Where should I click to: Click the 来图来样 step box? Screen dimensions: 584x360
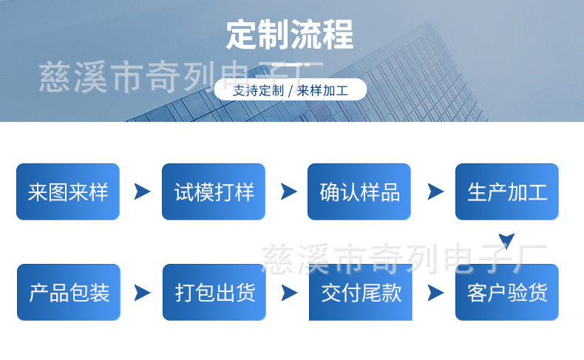pos(68,191)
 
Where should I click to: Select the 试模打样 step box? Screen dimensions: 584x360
pos(214,191)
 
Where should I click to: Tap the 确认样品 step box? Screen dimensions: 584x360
pos(359,191)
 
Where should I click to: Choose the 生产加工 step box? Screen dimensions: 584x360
pos(507,191)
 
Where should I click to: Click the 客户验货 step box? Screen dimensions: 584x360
pos(507,292)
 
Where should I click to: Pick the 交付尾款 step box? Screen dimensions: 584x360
pos(361,292)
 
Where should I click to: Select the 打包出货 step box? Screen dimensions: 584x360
pos(214,292)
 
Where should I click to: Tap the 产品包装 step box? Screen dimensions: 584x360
pos(69,292)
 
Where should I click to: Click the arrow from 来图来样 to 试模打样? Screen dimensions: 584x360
pos(142,191)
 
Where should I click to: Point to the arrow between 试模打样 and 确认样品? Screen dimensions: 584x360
pos(288,191)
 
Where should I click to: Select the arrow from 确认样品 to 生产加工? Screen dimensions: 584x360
pos(435,191)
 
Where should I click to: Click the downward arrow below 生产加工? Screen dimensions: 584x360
pos(507,241)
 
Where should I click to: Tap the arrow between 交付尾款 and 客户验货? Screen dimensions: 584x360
pos(435,293)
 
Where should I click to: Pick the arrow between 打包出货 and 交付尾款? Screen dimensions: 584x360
pos(289,293)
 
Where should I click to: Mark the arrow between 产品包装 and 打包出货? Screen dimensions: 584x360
pos(142,293)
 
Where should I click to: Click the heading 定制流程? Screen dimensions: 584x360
pos(290,35)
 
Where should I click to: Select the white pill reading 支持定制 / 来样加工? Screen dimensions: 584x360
pos(290,89)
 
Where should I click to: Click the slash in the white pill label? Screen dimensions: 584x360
pos(291,90)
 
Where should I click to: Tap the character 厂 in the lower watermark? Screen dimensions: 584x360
pos(531,259)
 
